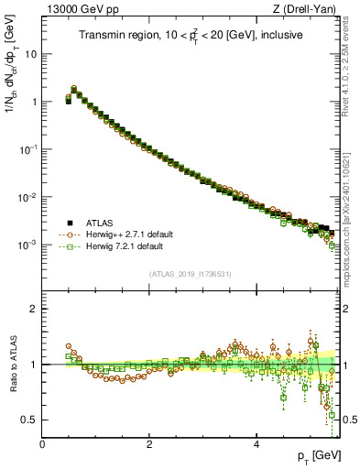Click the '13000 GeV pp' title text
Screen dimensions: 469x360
[x=77, y=9]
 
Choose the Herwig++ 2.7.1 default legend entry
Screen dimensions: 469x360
[x=123, y=234]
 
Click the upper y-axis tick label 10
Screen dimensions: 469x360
[x=31, y=53]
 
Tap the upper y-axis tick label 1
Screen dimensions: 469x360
[x=34, y=102]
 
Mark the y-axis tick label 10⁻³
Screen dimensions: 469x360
[x=28, y=245]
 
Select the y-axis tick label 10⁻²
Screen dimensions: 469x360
[x=28, y=197]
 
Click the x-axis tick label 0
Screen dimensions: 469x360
[x=43, y=444]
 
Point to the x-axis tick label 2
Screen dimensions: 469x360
[x=149, y=444]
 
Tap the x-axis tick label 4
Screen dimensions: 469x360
[x=256, y=444]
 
